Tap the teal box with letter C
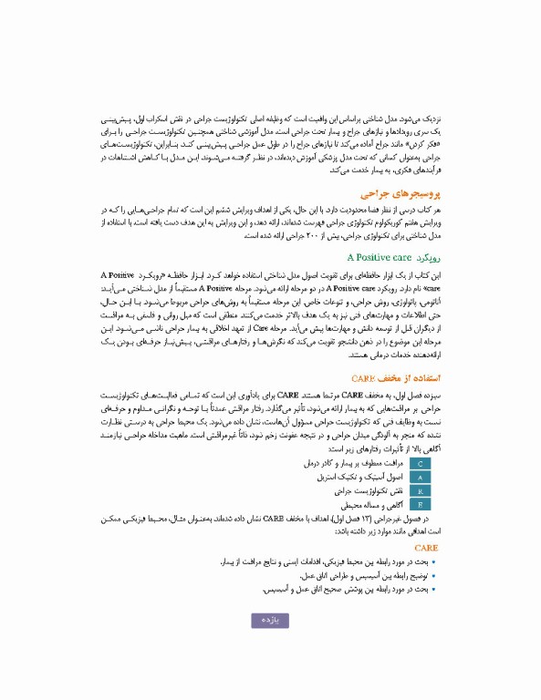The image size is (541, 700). (420, 464)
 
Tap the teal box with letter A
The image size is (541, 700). (420, 477)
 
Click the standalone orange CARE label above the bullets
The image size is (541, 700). (428, 549)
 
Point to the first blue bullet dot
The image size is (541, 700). (432, 563)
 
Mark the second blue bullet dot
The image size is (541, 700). (432, 577)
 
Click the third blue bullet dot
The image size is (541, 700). (432, 590)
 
